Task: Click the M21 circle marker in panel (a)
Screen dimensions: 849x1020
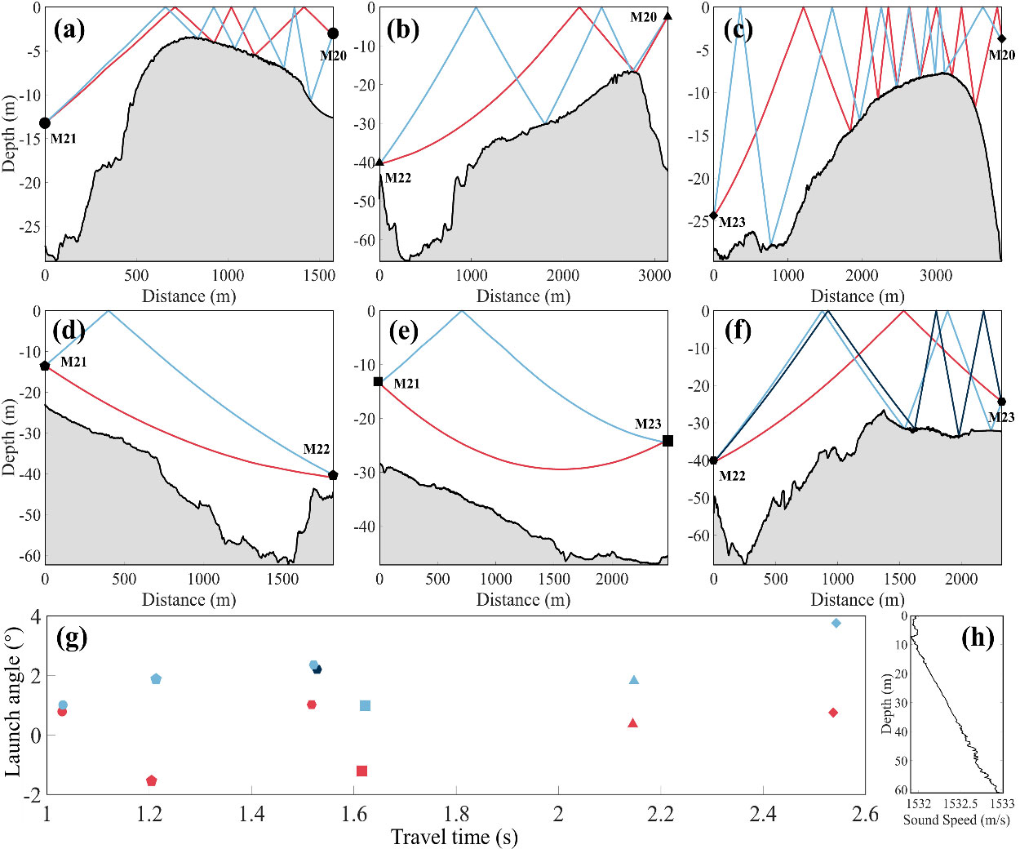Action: point(45,123)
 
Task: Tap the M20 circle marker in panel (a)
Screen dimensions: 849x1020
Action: point(333,33)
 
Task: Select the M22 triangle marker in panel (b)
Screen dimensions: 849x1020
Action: point(379,162)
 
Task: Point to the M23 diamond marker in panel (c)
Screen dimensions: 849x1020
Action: point(714,216)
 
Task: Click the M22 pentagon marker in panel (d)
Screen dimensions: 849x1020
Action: point(333,475)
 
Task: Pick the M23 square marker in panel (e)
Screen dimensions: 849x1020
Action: point(667,441)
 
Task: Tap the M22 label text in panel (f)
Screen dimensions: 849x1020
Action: point(732,476)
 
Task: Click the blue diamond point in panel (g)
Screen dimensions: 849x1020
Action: point(836,624)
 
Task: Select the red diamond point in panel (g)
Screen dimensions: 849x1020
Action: point(833,713)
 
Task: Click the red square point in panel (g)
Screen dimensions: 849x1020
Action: point(361,771)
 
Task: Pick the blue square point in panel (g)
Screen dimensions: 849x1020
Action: point(365,705)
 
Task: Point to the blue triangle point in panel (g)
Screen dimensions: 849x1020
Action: point(634,680)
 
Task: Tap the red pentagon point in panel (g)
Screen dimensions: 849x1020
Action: point(151,781)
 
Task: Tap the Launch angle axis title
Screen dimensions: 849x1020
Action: point(13,704)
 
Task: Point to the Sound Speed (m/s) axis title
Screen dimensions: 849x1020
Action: point(956,820)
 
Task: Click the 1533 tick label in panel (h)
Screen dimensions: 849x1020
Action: point(1001,804)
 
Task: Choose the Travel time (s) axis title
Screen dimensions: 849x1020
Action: point(454,837)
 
